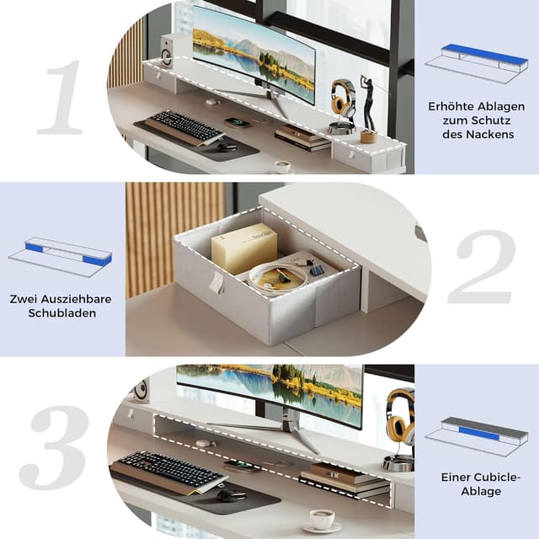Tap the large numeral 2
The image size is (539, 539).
point(481,267)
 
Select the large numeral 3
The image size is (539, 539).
point(54,447)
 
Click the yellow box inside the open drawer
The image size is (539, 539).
point(244,248)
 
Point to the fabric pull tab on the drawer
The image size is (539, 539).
point(216,282)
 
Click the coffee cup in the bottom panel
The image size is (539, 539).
point(321,518)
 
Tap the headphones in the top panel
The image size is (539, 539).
point(343,98)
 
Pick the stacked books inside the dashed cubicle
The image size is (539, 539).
point(344,478)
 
